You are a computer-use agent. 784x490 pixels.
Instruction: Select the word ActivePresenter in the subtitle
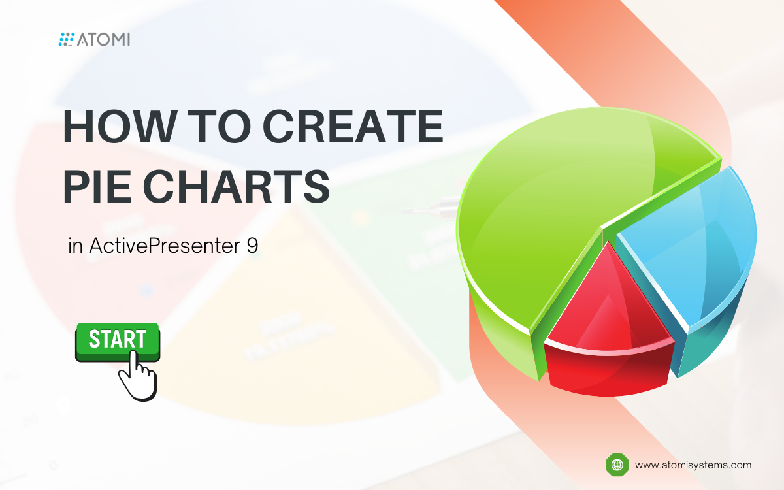click(163, 246)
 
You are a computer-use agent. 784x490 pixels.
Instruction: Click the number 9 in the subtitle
click(252, 246)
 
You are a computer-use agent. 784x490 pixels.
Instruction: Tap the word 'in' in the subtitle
click(76, 246)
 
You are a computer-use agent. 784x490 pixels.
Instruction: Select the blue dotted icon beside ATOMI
click(67, 40)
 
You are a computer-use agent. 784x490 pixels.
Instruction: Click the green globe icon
click(616, 465)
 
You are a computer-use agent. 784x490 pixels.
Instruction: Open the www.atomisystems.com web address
click(693, 465)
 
